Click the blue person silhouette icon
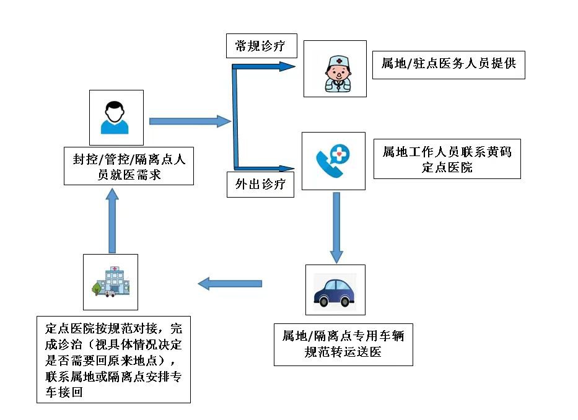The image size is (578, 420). (116, 118)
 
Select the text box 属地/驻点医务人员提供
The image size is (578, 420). (449, 64)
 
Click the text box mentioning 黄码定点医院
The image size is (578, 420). (447, 159)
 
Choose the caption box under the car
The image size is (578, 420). (343, 344)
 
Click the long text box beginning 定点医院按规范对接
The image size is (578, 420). (113, 360)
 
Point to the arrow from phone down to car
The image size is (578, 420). (336, 227)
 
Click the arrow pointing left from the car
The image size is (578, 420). (230, 284)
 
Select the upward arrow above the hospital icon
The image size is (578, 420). (112, 221)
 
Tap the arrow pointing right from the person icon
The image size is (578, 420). (190, 121)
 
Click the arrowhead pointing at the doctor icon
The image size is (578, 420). (288, 66)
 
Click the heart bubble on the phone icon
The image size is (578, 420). (341, 154)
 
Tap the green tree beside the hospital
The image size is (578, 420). (96, 288)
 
